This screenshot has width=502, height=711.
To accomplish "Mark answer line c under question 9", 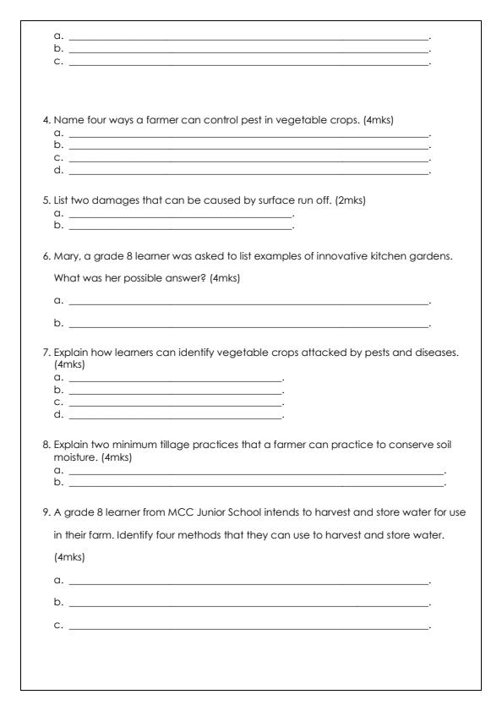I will pos(248,627).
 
